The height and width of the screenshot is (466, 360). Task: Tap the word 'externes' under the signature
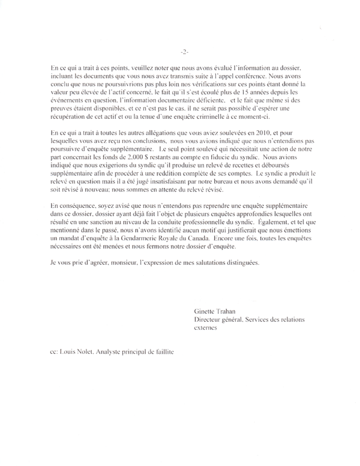tap(206, 329)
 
